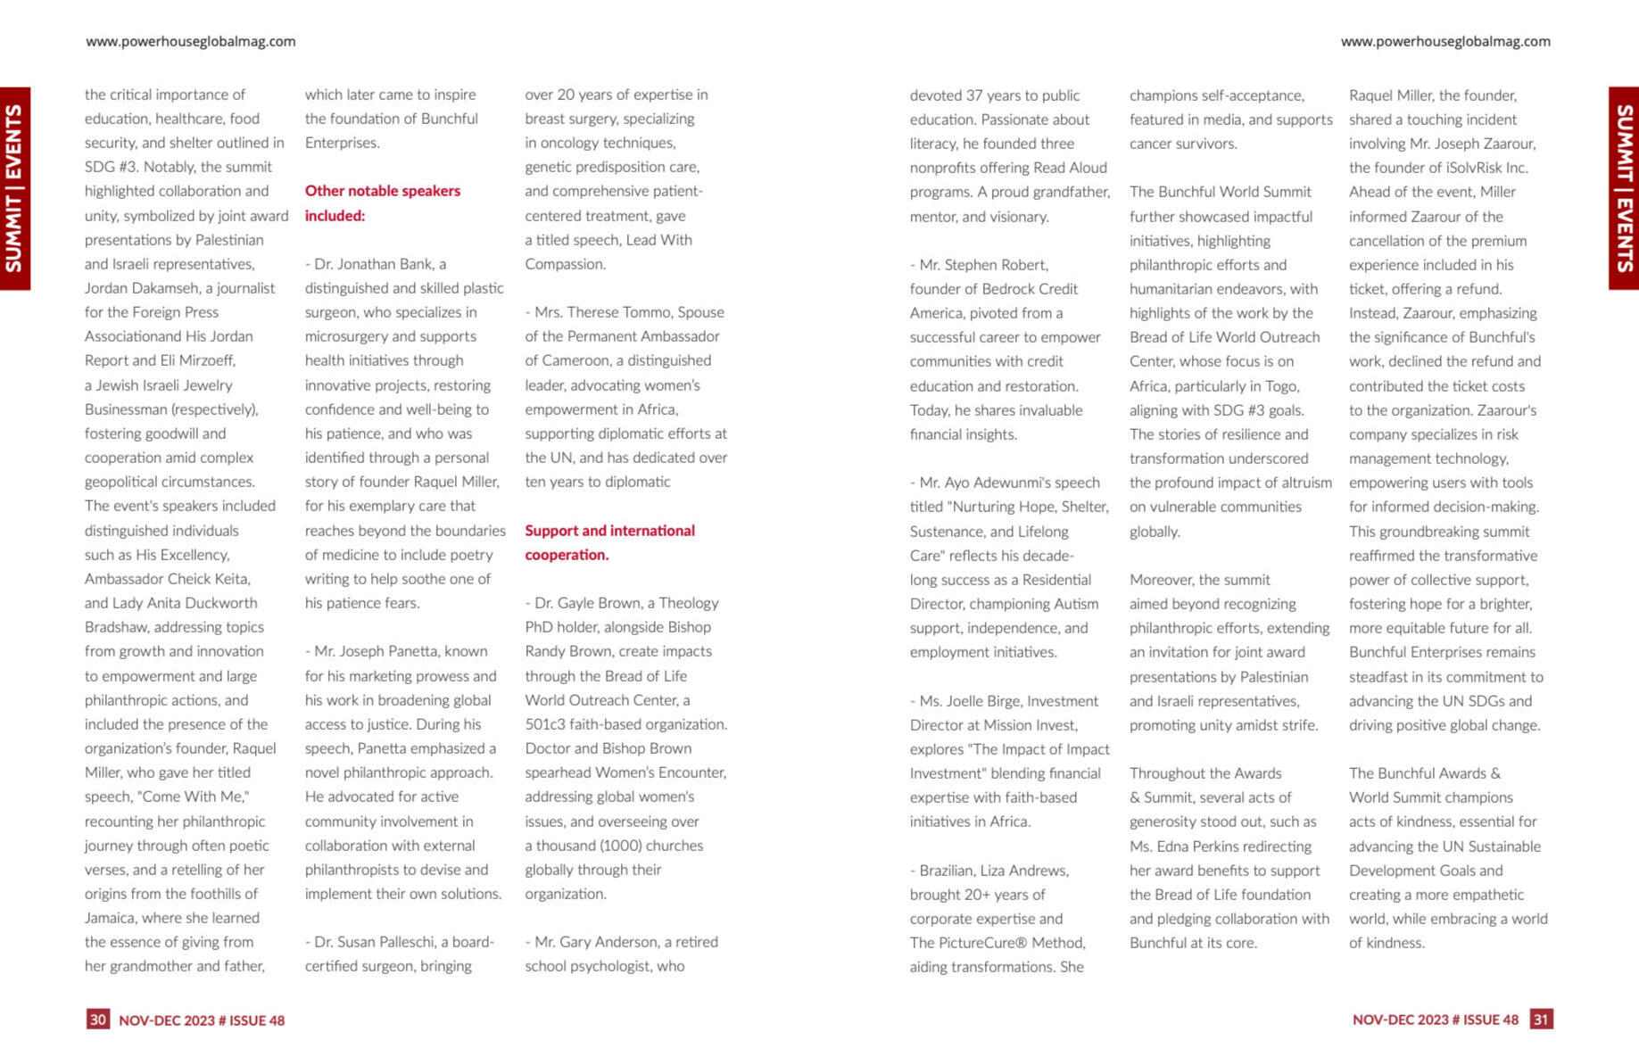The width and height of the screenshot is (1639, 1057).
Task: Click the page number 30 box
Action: click(x=97, y=1019)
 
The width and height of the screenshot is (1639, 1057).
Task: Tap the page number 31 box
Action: click(x=1541, y=1019)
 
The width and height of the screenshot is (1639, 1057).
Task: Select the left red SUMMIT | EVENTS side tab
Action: click(x=15, y=188)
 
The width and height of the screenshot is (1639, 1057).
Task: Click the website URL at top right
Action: click(x=1444, y=41)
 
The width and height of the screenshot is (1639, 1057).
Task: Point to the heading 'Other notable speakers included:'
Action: click(x=382, y=202)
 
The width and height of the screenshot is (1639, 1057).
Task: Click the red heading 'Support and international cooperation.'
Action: click(x=609, y=542)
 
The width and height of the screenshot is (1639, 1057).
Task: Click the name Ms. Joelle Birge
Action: click(x=972, y=701)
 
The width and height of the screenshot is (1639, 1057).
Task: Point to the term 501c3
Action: click(x=548, y=724)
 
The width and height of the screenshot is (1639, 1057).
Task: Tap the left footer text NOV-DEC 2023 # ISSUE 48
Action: click(x=202, y=1020)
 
